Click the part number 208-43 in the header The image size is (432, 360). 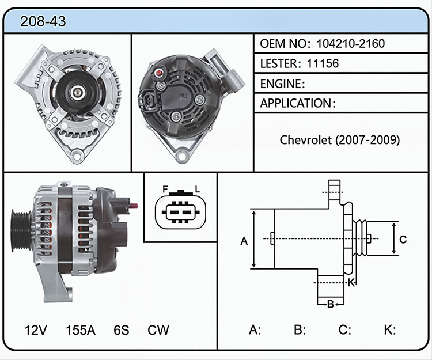[43, 21]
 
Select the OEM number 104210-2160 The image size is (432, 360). [350, 44]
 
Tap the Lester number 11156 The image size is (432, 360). [323, 63]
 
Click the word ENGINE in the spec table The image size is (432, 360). [281, 84]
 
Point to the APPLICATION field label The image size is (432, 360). [296, 103]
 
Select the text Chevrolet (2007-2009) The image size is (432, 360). [340, 140]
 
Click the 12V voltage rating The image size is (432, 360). [36, 330]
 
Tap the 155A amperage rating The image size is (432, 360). [81, 330]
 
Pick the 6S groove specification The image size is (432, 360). [121, 330]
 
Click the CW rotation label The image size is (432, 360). [158, 330]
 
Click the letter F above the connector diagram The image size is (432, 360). [165, 190]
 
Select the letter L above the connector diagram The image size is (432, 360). [197, 190]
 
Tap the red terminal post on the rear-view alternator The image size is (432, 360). [159, 73]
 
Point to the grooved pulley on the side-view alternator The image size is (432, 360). [21, 231]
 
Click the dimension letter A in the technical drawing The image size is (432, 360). [244, 241]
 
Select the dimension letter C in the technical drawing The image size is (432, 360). [403, 240]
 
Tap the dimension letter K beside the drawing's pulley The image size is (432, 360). [351, 283]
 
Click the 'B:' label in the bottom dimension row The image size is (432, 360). [300, 329]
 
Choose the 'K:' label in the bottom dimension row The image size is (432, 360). [390, 329]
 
